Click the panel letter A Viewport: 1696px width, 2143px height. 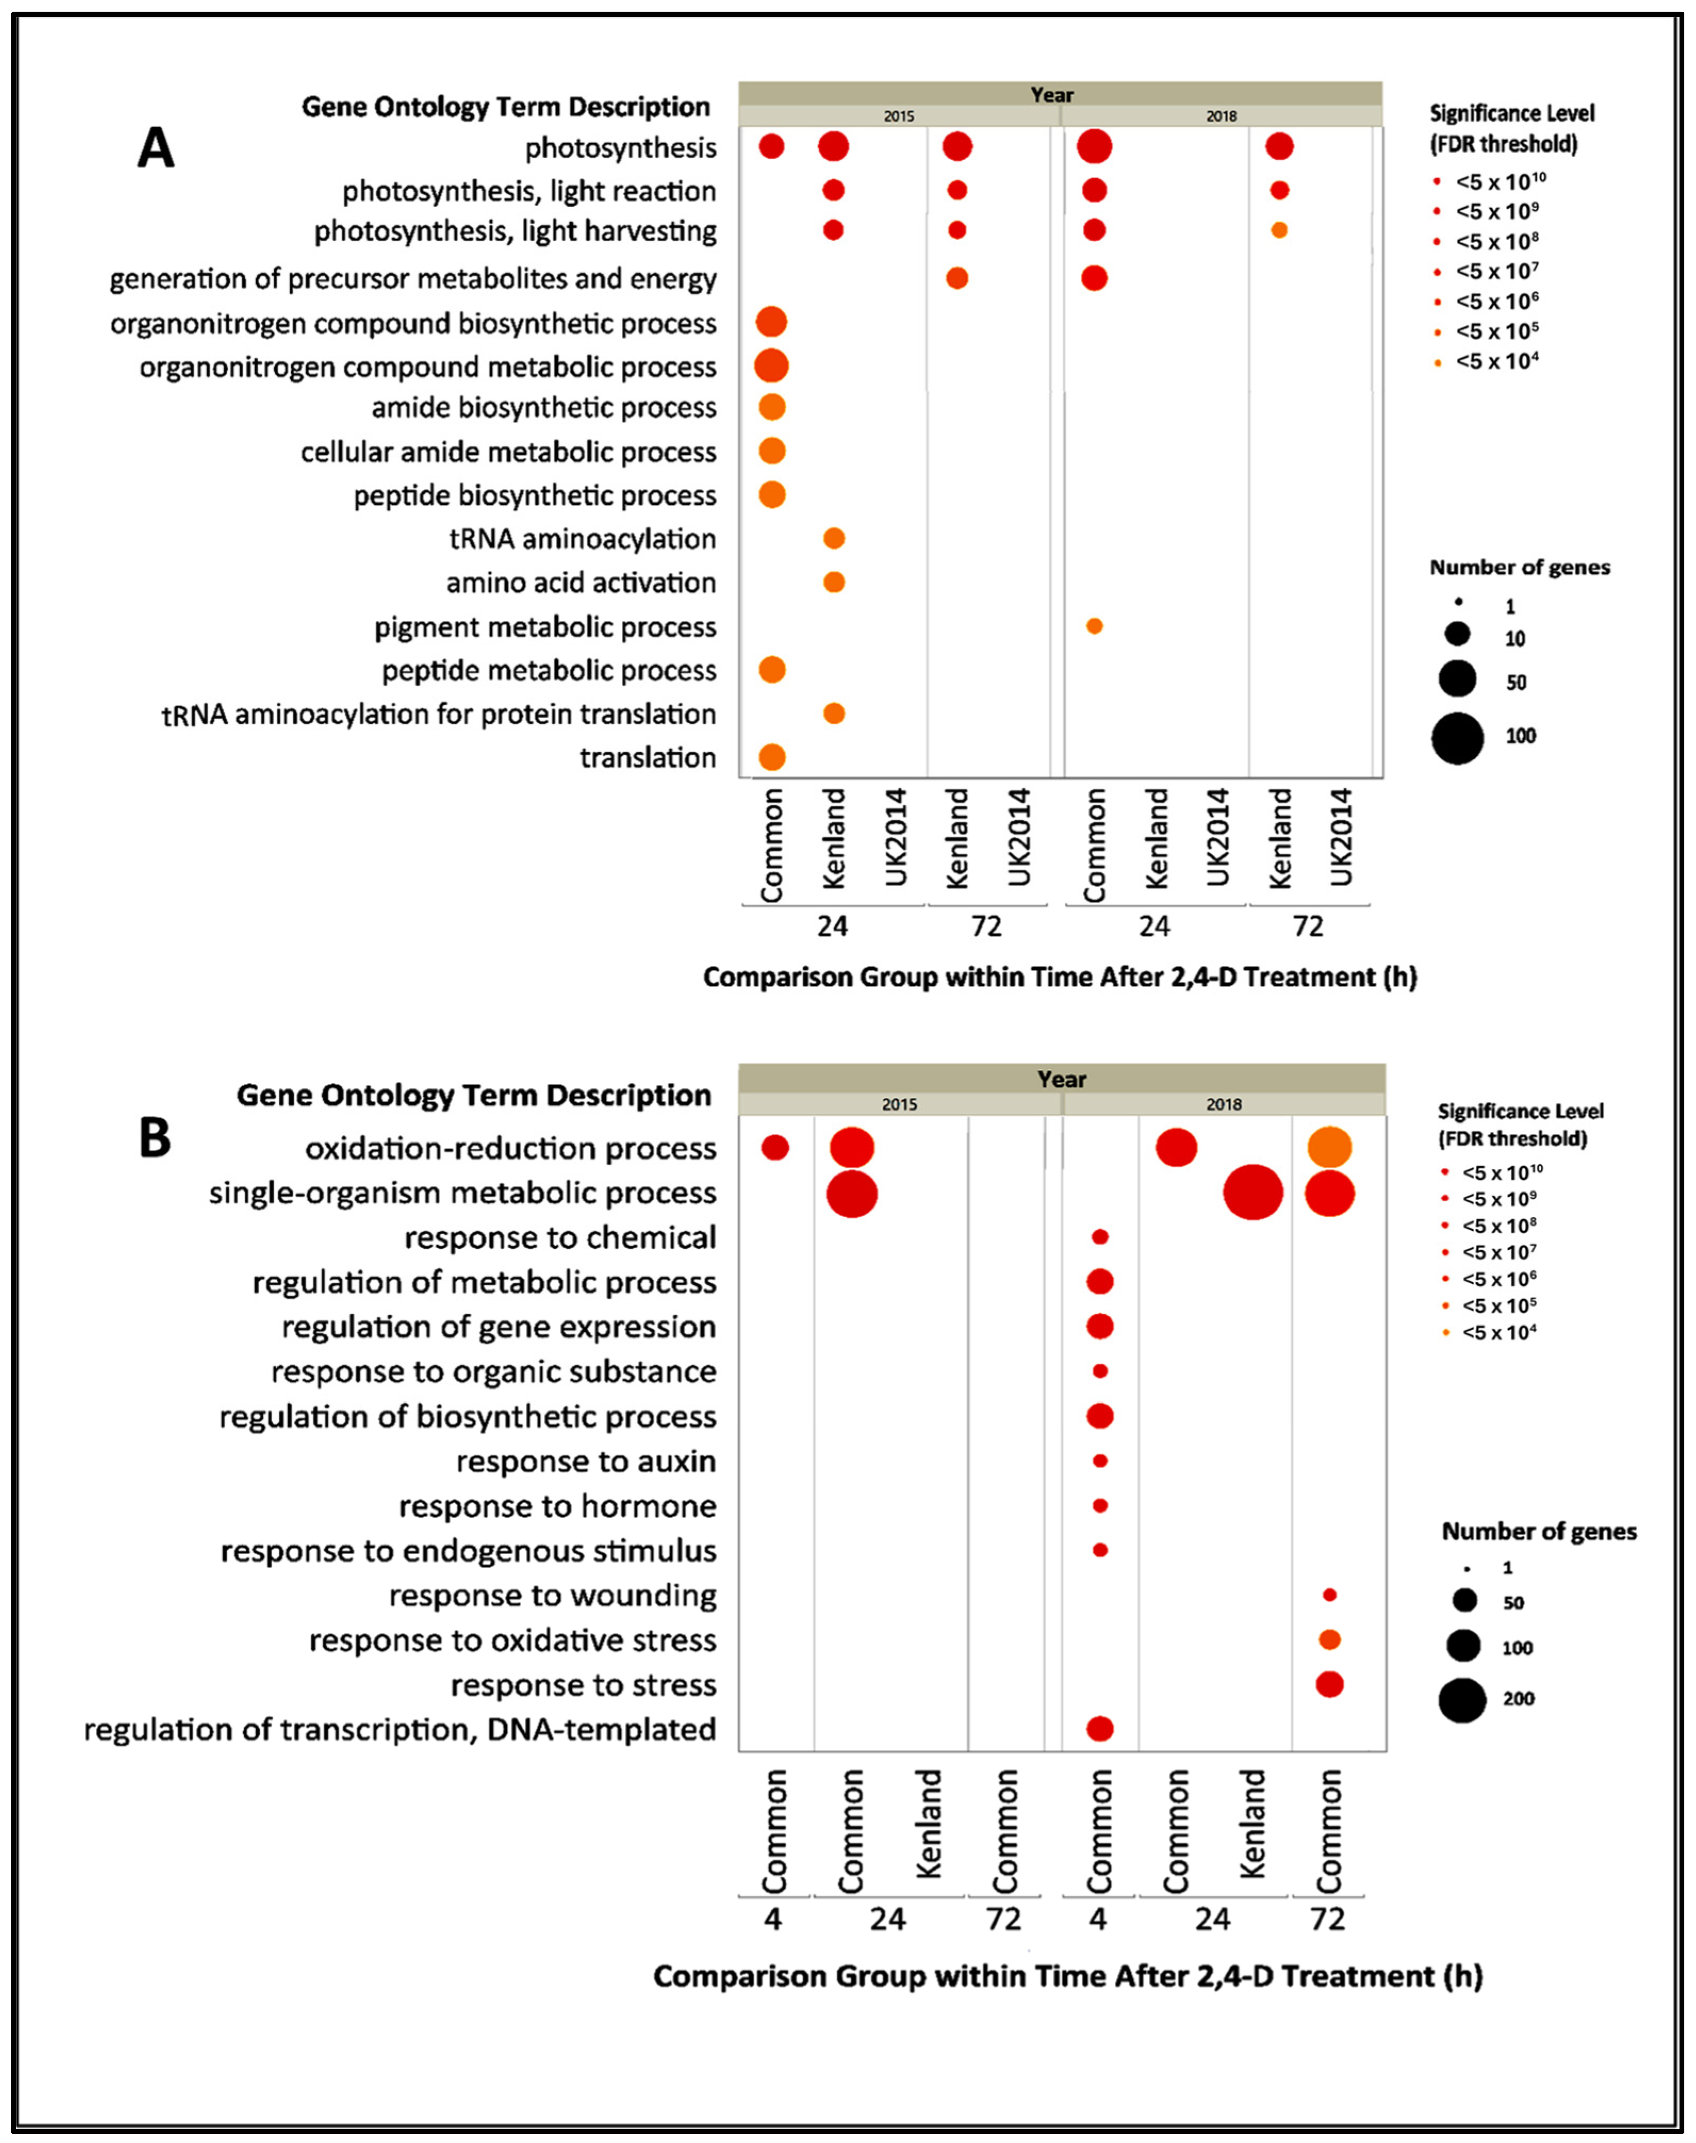click(156, 149)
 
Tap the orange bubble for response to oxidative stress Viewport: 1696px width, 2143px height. click(1330, 1639)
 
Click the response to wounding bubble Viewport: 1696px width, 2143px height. click(1330, 1595)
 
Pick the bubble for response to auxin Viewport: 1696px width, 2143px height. click(1099, 1461)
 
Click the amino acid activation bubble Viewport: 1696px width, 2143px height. click(834, 582)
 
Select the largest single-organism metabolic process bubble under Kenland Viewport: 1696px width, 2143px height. click(1253, 1193)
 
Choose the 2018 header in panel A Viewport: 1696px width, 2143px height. click(1221, 116)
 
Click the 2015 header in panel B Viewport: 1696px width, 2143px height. click(900, 1104)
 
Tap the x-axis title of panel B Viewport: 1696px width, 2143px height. click(1067, 1976)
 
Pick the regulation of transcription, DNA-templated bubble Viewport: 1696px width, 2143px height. click(1099, 1729)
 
